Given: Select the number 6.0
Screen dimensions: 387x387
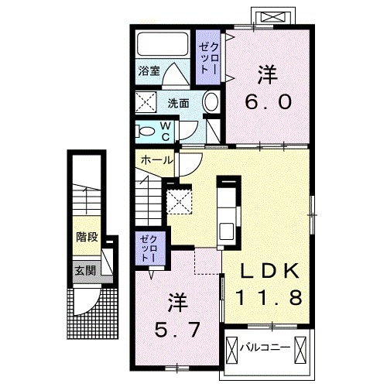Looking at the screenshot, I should [x=268, y=102].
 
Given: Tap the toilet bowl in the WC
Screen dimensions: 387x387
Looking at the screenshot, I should [x=146, y=130].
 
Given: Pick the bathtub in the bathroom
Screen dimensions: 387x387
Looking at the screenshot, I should [x=163, y=43].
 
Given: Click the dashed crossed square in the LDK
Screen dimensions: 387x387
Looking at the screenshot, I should [x=181, y=201].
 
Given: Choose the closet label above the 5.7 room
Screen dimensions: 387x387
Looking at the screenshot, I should [x=148, y=248].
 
